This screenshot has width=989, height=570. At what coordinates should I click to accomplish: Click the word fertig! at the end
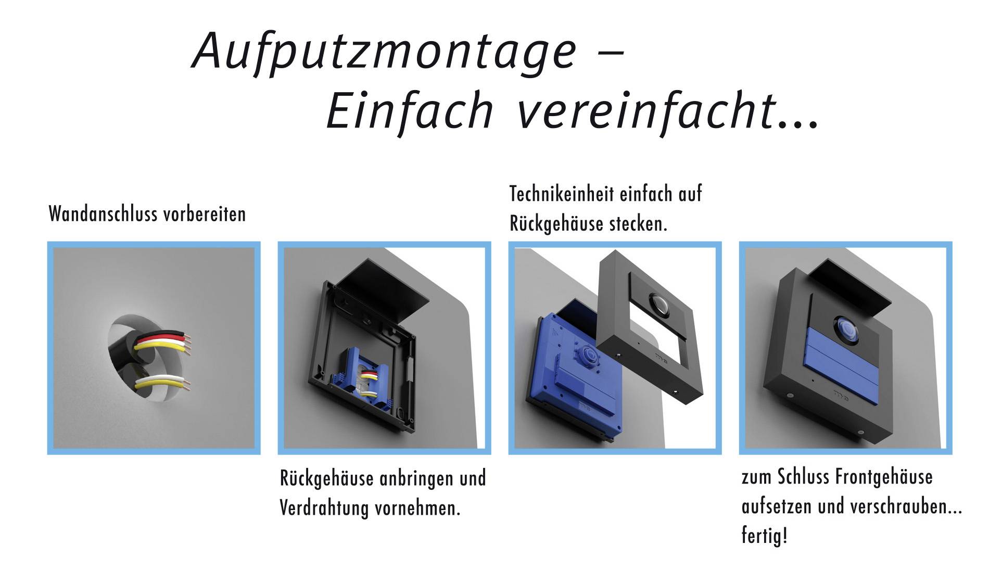(764, 536)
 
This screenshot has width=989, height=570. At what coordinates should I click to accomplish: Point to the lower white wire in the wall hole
(160, 379)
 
